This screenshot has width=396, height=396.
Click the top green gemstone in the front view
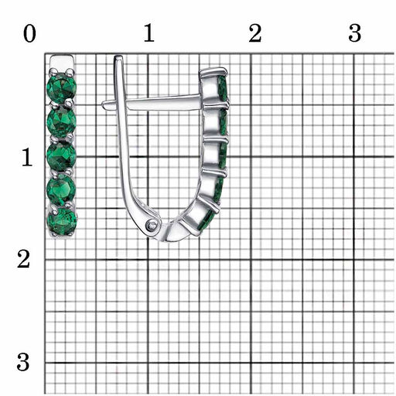coord(61,87)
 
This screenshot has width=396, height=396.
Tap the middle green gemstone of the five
coord(61,155)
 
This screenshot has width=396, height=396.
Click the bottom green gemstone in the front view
coord(62,221)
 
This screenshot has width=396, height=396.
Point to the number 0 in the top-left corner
coord(29,34)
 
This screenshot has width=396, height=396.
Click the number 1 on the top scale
coord(149,32)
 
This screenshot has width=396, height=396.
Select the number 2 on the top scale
coord(255,33)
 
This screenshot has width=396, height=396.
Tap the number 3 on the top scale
coord(355,33)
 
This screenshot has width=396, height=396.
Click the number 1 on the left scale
coord(27,157)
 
